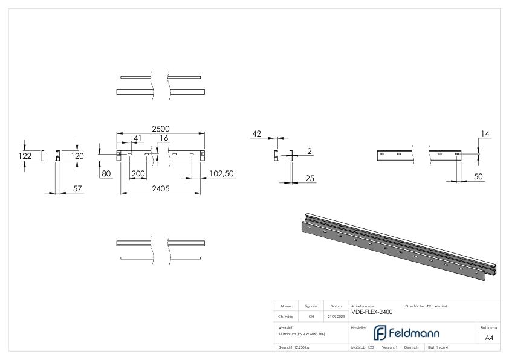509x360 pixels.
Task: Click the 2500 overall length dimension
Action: point(160,128)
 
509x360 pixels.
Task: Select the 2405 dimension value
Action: point(160,188)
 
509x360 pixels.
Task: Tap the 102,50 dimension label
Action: point(221,173)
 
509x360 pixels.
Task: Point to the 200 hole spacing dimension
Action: point(138,173)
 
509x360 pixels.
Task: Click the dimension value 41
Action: point(137,138)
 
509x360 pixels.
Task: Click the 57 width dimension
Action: point(77,188)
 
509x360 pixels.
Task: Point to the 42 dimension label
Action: point(257,134)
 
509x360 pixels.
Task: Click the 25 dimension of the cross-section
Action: point(309,178)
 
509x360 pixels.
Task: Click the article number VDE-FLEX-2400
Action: point(372,312)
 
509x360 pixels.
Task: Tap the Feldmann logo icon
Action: point(381,333)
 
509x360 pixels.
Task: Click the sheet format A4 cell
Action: point(488,338)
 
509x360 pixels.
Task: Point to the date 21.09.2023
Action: point(337,316)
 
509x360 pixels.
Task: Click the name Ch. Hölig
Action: point(286,316)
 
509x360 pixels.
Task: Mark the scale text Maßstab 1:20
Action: point(362,347)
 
